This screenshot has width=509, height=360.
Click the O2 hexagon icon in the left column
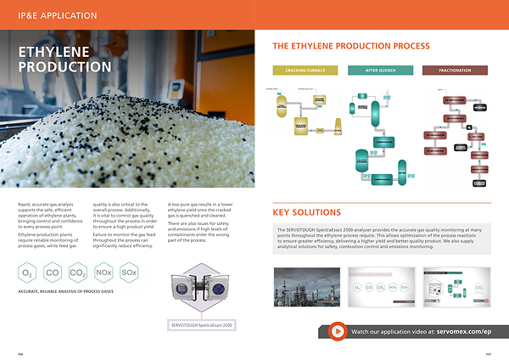point(28,274)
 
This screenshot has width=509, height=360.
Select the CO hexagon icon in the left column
point(53,274)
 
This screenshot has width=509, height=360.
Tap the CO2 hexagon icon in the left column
point(78,274)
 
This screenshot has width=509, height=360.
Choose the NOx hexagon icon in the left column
point(103,274)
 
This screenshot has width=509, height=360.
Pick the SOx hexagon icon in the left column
point(129,274)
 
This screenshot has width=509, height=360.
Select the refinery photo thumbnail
point(306,289)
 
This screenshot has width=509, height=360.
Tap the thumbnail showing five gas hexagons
point(379,289)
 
